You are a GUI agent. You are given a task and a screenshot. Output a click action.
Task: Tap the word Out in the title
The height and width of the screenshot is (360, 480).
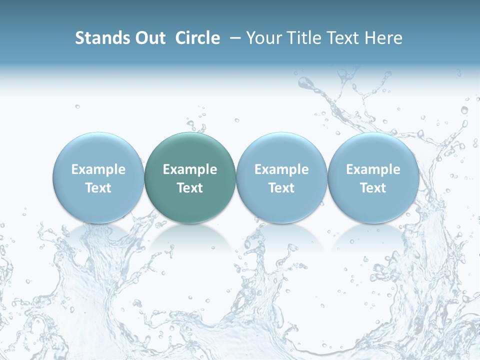(x=149, y=38)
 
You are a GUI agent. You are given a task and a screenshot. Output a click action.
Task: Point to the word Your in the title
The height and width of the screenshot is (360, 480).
(x=263, y=38)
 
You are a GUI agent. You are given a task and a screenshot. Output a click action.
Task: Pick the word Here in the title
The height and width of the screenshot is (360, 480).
(x=383, y=38)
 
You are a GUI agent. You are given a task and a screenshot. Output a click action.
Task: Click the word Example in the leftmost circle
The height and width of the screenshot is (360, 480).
(x=98, y=169)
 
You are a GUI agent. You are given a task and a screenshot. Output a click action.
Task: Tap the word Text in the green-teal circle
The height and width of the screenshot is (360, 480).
(x=190, y=188)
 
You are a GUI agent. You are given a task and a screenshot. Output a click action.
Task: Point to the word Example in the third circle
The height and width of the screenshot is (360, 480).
(x=281, y=169)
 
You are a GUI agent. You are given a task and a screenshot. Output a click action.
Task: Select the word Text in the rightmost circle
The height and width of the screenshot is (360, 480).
(x=373, y=188)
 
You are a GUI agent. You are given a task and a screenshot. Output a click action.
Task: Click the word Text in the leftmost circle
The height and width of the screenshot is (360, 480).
(x=98, y=188)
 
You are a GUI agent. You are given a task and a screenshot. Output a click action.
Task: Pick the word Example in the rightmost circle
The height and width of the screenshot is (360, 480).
(x=373, y=169)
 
